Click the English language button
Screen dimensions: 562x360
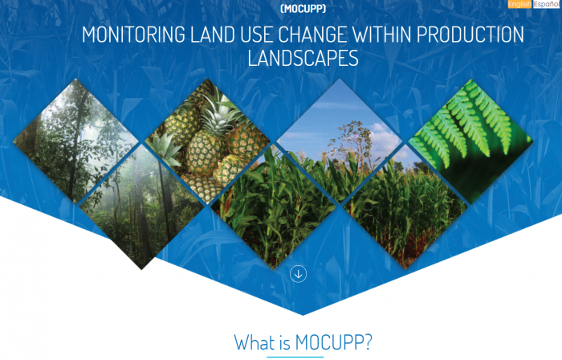[x=519, y=4]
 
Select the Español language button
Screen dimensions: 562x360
[x=545, y=4]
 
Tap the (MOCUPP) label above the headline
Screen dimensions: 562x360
[x=303, y=9]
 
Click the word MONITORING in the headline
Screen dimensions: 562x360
[x=133, y=35]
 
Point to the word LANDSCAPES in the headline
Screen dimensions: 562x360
[x=303, y=59]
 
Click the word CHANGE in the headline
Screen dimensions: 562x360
[x=312, y=35]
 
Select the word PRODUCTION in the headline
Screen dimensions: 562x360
[x=470, y=35]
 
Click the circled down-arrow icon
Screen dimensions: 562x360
[x=298, y=274]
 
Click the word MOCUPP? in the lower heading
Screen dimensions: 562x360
[x=334, y=342]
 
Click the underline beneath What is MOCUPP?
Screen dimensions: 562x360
[x=295, y=357]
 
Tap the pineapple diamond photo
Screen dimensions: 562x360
[x=207, y=141]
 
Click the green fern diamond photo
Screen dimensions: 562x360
[x=471, y=141]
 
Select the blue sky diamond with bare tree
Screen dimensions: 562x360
[x=340, y=141]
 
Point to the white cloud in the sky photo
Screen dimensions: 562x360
[x=384, y=138]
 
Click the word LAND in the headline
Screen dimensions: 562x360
[x=213, y=35]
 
